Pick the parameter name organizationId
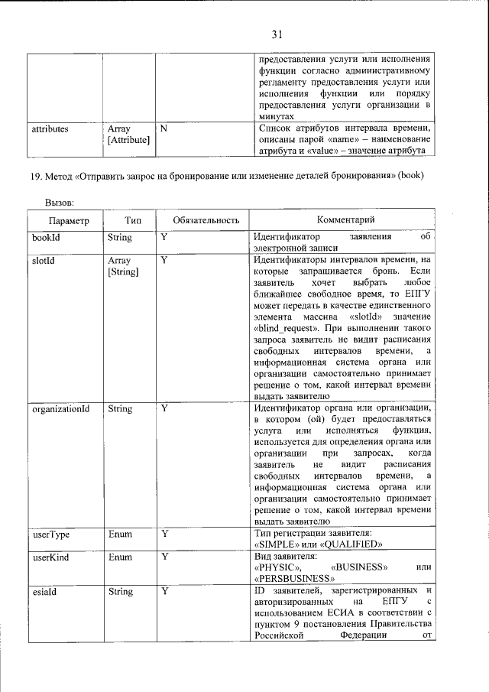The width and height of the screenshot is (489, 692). (x=61, y=409)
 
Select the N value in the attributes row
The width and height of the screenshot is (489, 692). (x=164, y=128)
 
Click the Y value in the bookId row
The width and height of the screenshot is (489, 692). (x=164, y=238)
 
